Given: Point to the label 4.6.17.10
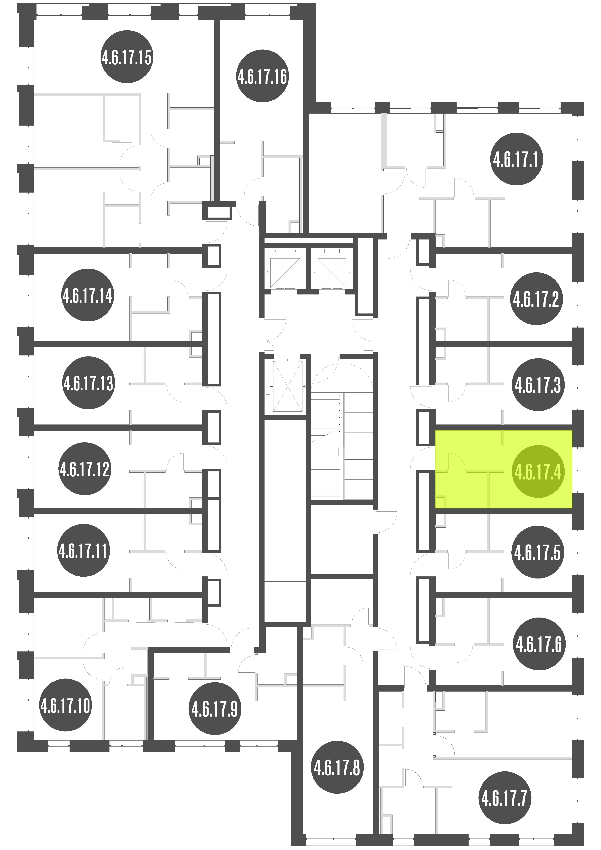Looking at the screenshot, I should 66,705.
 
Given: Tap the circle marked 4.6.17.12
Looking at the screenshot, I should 85,469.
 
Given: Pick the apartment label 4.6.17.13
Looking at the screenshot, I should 89,383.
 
